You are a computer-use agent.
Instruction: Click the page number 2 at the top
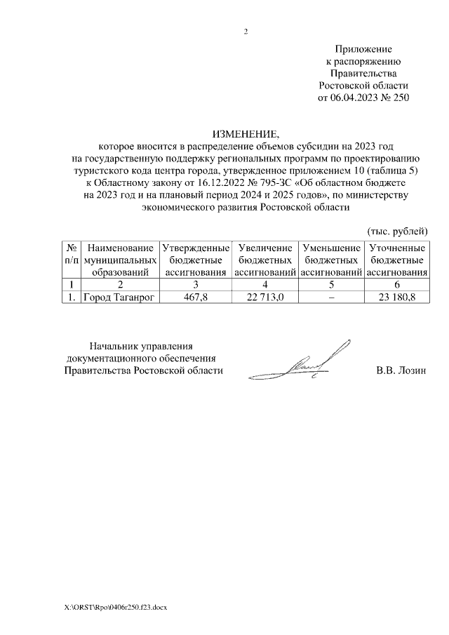(246, 32)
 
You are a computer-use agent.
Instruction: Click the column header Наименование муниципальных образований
(119, 260)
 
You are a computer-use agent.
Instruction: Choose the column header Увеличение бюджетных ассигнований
(264, 260)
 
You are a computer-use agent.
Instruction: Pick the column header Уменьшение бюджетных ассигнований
(330, 260)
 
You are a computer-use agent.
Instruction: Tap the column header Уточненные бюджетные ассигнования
(396, 260)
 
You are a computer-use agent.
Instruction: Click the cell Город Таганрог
(119, 298)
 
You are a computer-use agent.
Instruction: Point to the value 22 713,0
(264, 298)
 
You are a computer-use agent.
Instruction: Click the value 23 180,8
(396, 298)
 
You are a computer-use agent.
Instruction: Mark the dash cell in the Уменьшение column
(330, 298)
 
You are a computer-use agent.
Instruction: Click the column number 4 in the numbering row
(264, 285)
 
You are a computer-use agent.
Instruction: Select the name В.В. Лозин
(401, 371)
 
